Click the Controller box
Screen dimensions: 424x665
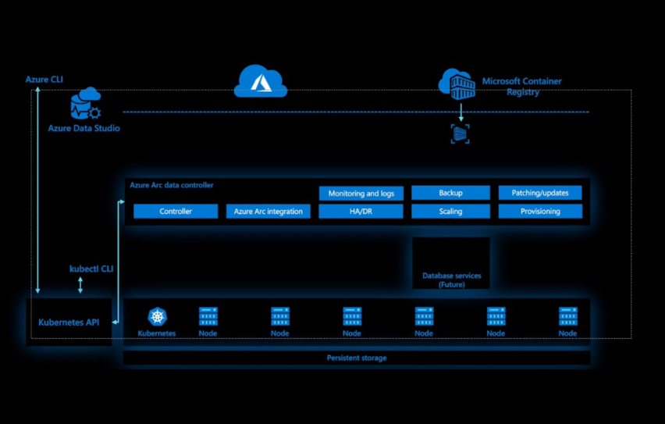pyautogui.click(x=176, y=212)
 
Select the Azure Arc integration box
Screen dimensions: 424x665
pyautogui.click(x=268, y=212)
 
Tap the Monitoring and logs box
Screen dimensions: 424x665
pyautogui.click(x=361, y=193)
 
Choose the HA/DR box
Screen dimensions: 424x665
pyautogui.click(x=361, y=212)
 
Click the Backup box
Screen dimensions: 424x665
pyautogui.click(x=450, y=193)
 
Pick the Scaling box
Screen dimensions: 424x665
pyautogui.click(x=450, y=212)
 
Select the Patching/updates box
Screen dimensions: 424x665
pyautogui.click(x=540, y=193)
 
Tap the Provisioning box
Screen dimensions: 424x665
pyautogui.click(x=540, y=212)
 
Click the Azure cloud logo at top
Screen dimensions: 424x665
pyautogui.click(x=261, y=81)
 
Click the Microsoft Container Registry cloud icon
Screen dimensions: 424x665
pyautogui.click(x=457, y=84)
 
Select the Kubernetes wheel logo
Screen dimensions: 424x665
pyautogui.click(x=158, y=316)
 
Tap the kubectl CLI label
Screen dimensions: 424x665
pyautogui.click(x=91, y=269)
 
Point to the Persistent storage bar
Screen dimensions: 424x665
pyautogui.click(x=356, y=358)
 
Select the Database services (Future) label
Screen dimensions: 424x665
pyautogui.click(x=451, y=280)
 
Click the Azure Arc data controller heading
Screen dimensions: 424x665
pyautogui.click(x=172, y=185)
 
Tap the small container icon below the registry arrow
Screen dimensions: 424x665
pyautogui.click(x=461, y=134)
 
